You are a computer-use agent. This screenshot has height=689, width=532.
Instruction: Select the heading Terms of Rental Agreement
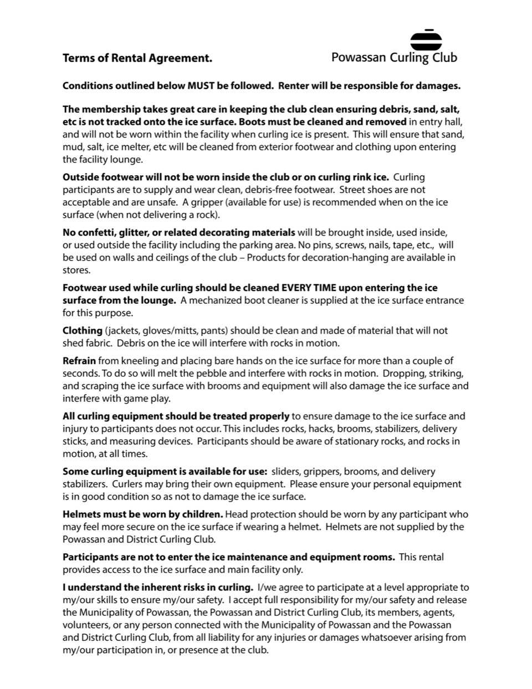[x=137, y=58]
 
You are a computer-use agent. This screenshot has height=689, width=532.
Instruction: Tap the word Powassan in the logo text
[x=359, y=57]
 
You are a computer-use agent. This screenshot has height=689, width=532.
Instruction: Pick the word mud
[x=72, y=147]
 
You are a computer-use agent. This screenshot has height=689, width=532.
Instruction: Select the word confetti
[x=96, y=232]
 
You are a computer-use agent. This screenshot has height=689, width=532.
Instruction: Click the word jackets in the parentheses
[x=123, y=330]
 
